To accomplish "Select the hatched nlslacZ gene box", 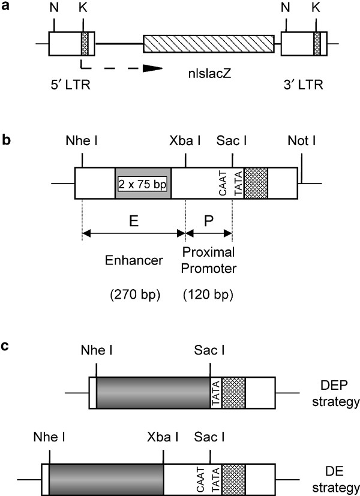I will (x=208, y=44).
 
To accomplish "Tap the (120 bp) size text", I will (x=209, y=294).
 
